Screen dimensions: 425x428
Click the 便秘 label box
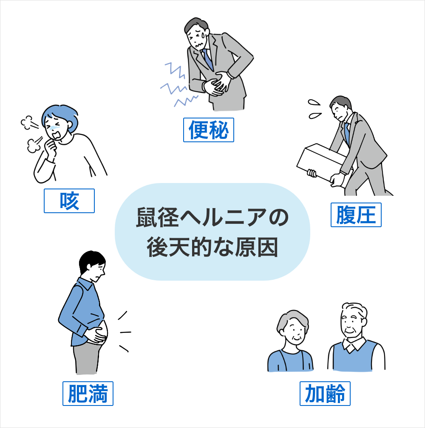[x=208, y=130]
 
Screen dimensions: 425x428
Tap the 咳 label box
[x=69, y=200]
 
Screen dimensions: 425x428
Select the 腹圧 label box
[x=356, y=215]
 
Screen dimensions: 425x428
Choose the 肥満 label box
[x=88, y=393]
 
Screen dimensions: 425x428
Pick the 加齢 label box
[x=325, y=393]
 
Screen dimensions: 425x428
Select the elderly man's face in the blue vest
[x=352, y=325]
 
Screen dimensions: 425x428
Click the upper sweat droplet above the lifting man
[x=314, y=102]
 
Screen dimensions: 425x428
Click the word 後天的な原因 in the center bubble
[x=212, y=247]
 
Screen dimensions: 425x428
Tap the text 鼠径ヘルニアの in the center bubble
[x=212, y=217]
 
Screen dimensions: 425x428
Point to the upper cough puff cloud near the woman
[x=27, y=123]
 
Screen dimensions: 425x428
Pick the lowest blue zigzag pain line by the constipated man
[x=186, y=101]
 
